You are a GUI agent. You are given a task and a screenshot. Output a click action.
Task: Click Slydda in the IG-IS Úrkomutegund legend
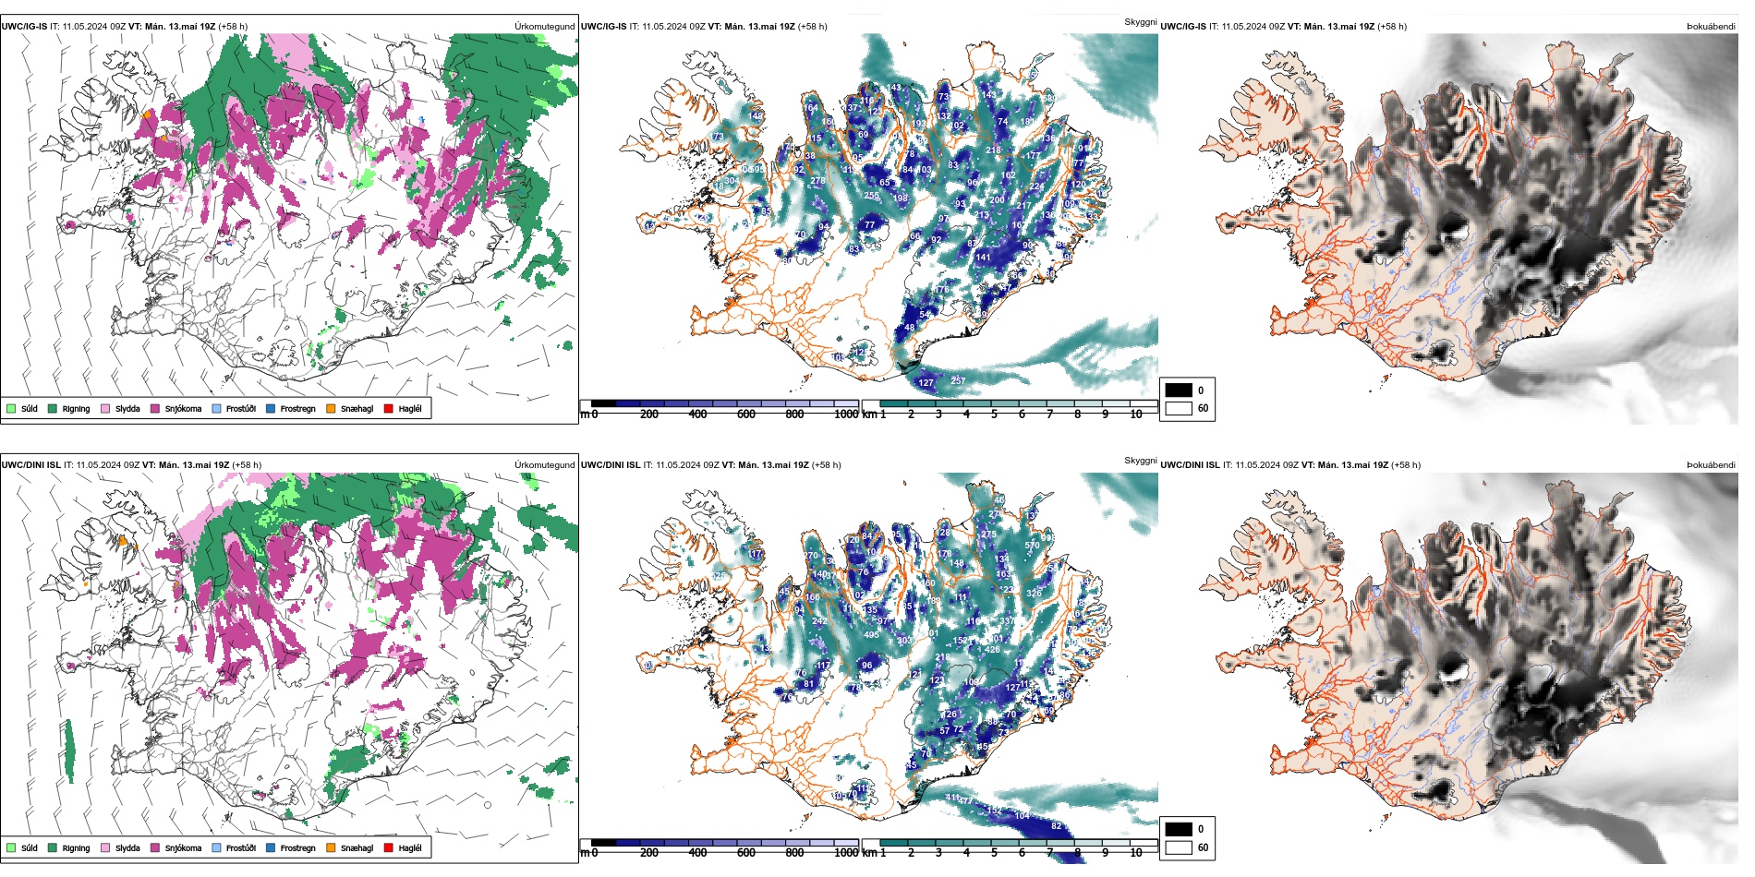[127, 409]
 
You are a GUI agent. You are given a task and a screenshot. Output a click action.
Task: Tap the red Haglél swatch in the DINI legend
[389, 847]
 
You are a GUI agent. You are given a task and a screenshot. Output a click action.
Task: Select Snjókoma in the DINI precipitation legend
[182, 847]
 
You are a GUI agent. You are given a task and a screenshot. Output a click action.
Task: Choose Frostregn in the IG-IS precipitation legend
[297, 409]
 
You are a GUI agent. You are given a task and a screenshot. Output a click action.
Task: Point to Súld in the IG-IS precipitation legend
[29, 409]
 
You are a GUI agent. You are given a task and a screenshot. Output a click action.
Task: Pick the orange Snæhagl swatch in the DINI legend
[331, 847]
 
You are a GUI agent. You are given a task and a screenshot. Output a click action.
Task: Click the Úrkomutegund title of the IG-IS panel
[544, 27]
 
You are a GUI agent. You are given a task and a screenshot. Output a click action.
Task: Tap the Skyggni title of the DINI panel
[1140, 460]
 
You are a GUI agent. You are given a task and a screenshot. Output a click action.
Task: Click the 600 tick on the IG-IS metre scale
[746, 414]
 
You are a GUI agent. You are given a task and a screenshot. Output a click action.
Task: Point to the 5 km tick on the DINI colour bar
[994, 853]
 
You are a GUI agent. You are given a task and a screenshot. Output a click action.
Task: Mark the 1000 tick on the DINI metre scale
[846, 853]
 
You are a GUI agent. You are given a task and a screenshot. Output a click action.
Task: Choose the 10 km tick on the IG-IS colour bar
[1136, 414]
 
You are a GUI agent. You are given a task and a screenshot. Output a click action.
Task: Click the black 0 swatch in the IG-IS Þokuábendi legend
[1179, 390]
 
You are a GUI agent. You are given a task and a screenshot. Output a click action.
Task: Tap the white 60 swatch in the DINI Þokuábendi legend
[1179, 847]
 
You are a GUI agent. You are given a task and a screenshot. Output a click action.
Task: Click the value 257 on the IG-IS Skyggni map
[958, 380]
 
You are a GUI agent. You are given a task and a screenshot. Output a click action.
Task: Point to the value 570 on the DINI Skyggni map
[1032, 546]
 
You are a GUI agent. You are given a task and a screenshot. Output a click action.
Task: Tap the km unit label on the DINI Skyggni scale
[869, 853]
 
